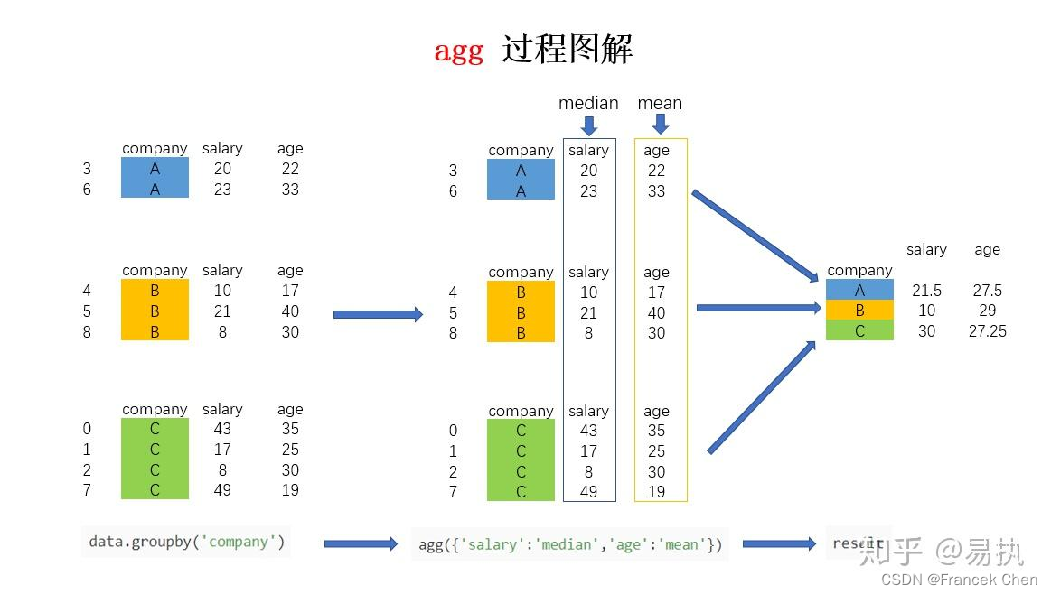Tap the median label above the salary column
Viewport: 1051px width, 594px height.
(x=588, y=103)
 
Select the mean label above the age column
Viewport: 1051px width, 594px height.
(x=660, y=103)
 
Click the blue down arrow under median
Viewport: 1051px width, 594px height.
(x=589, y=125)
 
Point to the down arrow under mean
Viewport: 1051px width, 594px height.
(x=661, y=124)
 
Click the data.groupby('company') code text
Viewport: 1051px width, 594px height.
(x=186, y=541)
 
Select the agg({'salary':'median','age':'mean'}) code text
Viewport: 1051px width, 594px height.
(x=570, y=544)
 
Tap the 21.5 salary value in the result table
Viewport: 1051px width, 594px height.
(x=926, y=291)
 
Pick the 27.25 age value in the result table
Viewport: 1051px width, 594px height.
(x=988, y=330)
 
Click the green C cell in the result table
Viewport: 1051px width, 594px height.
(x=859, y=330)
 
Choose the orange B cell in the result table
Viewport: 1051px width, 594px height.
(x=859, y=310)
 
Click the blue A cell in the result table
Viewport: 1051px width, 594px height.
(x=859, y=290)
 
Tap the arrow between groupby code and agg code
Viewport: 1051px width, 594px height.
(x=361, y=543)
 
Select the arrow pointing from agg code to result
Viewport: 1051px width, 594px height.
(x=780, y=543)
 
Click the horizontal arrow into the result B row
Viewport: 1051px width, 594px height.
(x=759, y=308)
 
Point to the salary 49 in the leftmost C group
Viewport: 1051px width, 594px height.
(x=222, y=490)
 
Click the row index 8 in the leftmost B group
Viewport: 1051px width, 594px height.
(x=87, y=332)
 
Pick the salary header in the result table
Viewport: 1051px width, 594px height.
(x=926, y=250)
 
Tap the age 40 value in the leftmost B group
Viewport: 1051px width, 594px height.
(x=290, y=311)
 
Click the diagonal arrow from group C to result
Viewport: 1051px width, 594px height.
(x=762, y=397)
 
